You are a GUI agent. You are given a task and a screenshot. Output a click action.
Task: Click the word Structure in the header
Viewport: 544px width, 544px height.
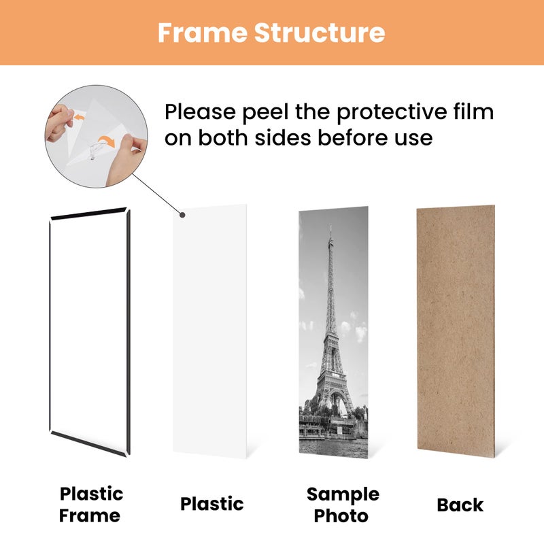point(320,33)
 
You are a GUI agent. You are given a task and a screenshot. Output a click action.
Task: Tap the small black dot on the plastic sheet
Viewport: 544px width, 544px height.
point(182,216)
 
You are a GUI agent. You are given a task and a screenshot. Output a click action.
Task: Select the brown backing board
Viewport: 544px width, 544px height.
point(456,330)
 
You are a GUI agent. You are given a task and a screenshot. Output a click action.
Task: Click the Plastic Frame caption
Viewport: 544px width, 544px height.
point(91,504)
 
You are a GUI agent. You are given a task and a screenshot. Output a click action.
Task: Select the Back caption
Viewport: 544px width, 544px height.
point(460,505)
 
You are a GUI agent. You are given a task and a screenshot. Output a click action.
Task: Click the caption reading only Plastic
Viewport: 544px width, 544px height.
point(211,504)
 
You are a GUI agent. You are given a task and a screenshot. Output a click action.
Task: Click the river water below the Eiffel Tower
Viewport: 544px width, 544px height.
point(333,445)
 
